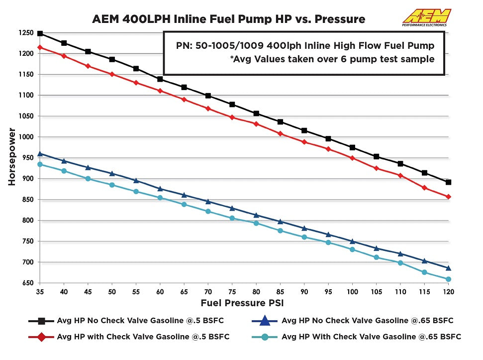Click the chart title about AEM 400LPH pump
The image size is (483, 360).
pyautogui.click(x=228, y=19)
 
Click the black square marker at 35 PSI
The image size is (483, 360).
pyautogui.click(x=40, y=33)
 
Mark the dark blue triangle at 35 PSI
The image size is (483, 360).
pyautogui.click(x=40, y=153)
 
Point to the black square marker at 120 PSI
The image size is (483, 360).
pyautogui.click(x=448, y=182)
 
